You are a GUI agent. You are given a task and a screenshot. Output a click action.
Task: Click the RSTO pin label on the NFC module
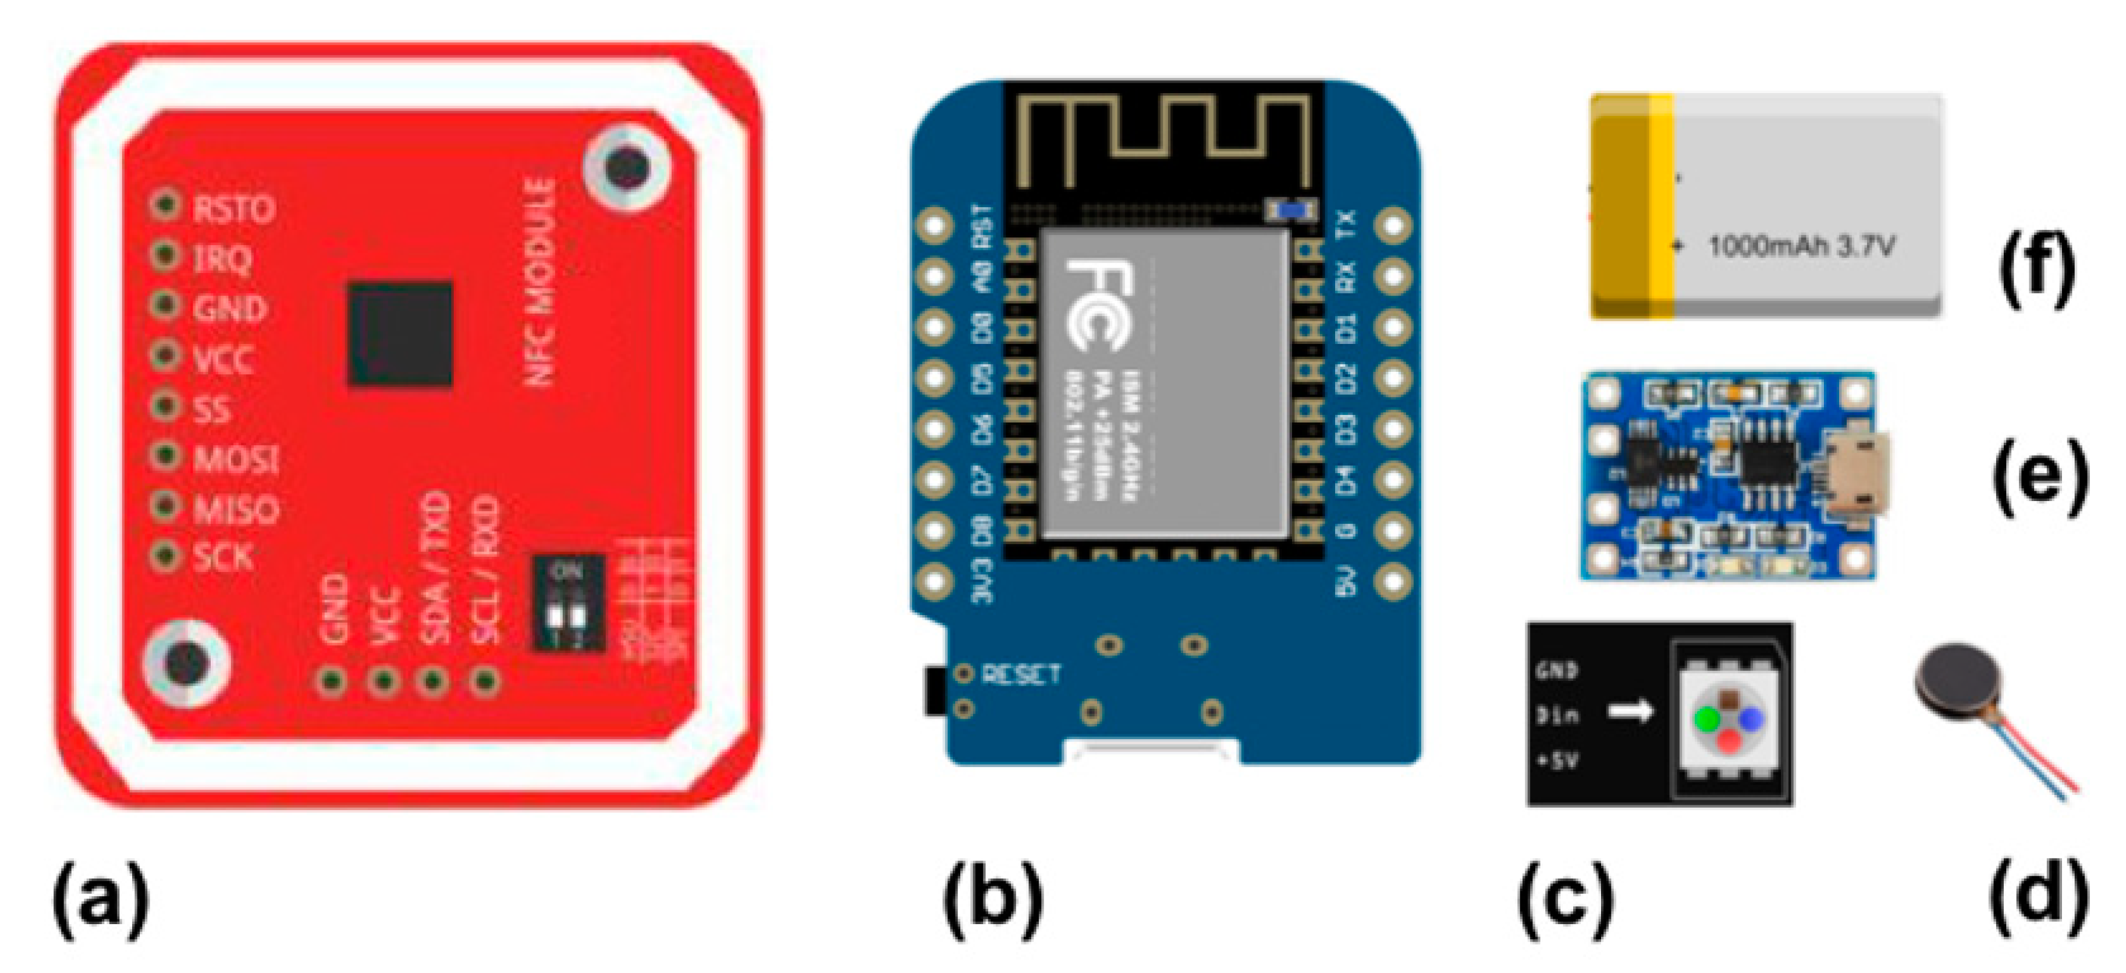coord(233,209)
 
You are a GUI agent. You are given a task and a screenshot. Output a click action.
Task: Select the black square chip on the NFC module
coord(399,333)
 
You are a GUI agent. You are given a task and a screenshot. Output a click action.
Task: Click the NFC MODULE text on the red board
coord(540,282)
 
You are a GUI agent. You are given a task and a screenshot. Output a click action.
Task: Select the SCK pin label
coord(223,558)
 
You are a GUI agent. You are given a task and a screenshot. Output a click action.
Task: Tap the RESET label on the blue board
coord(1020,674)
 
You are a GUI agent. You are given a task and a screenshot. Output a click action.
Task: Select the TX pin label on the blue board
coord(1345,225)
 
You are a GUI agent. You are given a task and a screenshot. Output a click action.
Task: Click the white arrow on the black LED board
coord(1631,711)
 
